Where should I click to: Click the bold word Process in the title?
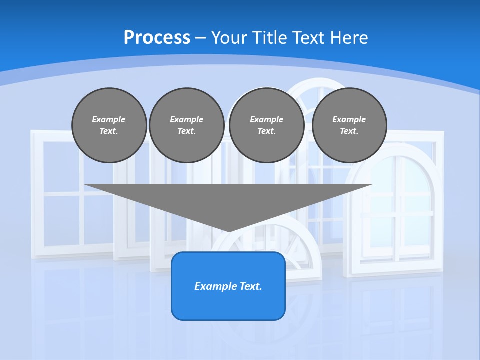[157, 38]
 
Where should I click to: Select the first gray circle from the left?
[109, 125]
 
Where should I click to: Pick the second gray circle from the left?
[186, 125]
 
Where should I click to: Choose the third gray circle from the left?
[266, 125]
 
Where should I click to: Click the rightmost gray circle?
[349, 125]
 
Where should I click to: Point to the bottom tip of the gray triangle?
[229, 231]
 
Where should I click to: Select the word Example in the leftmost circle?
[109, 120]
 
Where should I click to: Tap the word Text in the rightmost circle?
[349, 131]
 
